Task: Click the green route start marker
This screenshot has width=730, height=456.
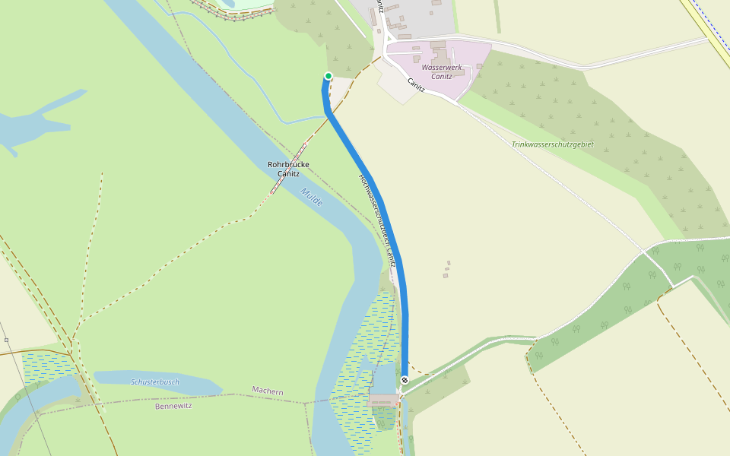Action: (x=328, y=75)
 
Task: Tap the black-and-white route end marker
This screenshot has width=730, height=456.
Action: (x=405, y=380)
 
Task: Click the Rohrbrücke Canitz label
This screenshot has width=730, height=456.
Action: (x=288, y=169)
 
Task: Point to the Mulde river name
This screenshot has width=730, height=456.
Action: (x=312, y=197)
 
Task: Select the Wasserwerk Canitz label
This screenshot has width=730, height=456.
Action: (x=442, y=71)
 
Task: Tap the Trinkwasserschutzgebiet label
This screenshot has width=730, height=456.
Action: (x=552, y=144)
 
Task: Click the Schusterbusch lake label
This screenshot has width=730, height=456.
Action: (x=154, y=382)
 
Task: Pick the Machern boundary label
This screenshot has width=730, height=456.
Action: (x=268, y=391)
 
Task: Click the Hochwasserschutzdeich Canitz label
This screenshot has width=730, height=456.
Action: (x=378, y=220)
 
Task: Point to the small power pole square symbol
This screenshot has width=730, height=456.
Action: (x=6, y=340)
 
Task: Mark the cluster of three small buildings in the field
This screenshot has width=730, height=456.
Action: (x=446, y=269)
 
